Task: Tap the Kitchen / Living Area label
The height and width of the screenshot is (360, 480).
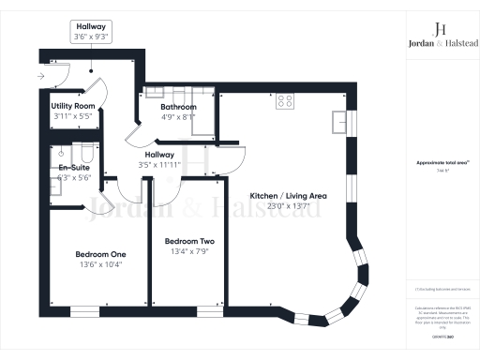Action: (x=287, y=195)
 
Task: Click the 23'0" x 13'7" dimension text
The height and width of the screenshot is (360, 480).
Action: (x=287, y=205)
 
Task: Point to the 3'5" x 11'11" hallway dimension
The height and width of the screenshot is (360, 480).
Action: (x=159, y=165)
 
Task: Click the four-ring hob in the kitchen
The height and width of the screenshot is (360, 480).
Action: (x=285, y=102)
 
